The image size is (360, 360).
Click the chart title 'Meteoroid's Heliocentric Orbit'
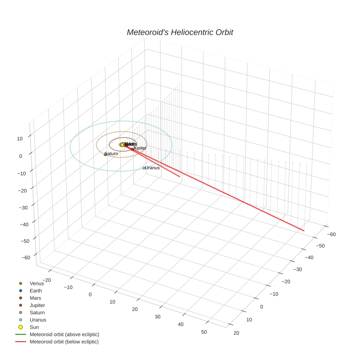(x=180, y=33)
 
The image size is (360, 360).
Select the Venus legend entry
(x=37, y=284)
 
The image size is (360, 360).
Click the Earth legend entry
(x=35, y=291)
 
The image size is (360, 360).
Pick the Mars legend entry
(x=35, y=298)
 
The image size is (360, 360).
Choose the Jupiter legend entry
(x=37, y=305)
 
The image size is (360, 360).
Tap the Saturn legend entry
(x=37, y=312)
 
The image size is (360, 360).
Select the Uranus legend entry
(x=38, y=320)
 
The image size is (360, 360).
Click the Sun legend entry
(x=34, y=327)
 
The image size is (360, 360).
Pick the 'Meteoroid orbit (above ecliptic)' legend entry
(x=64, y=334)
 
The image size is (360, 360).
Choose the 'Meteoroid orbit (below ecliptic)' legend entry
(x=64, y=342)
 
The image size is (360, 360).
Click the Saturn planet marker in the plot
(x=105, y=154)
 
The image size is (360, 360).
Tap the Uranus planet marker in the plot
(x=144, y=168)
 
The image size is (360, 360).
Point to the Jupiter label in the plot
(x=140, y=148)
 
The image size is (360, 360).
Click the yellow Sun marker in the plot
(x=123, y=145)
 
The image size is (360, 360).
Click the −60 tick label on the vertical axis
(x=26, y=258)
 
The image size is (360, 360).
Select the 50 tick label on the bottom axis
(x=204, y=332)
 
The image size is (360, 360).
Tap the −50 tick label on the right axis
(x=320, y=246)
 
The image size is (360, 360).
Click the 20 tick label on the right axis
(x=236, y=333)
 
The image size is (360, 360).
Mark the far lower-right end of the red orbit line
(x=304, y=230)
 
